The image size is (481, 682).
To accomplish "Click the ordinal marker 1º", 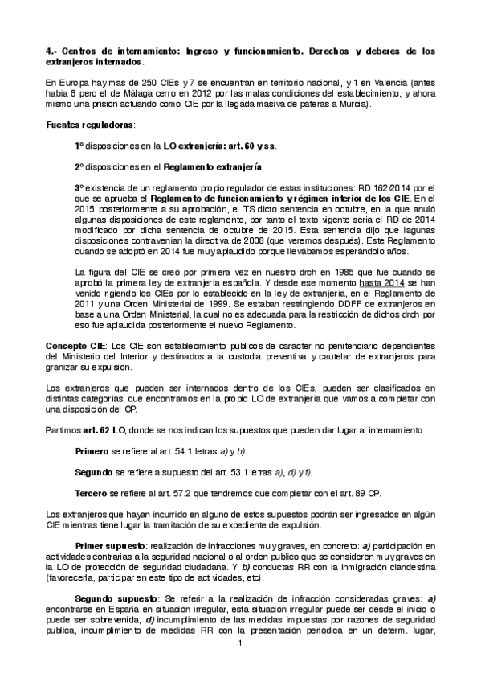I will coord(79,146).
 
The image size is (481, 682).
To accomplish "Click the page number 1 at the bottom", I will coord(240,666).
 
